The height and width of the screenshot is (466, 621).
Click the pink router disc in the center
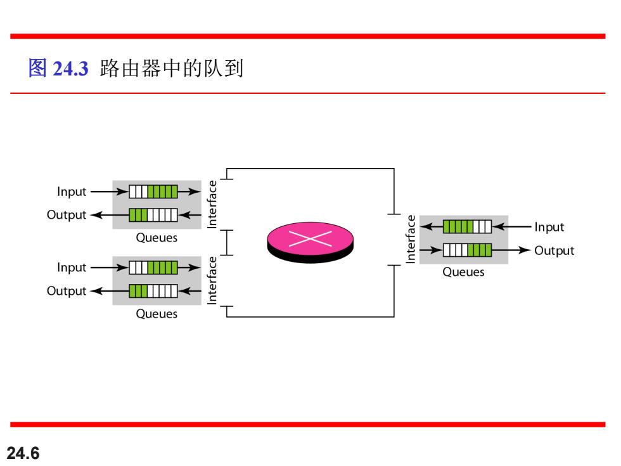(310, 242)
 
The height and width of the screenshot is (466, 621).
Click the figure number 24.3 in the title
(70, 68)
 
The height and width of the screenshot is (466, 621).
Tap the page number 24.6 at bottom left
(23, 453)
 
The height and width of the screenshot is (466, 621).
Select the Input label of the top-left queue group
(72, 191)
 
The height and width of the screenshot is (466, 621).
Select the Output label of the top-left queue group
(67, 215)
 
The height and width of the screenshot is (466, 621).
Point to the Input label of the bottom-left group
(72, 268)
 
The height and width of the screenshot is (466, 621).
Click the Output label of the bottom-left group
(67, 291)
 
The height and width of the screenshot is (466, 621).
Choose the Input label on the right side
(549, 227)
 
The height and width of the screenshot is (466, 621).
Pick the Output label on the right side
(554, 250)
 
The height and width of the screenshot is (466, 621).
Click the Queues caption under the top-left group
(157, 238)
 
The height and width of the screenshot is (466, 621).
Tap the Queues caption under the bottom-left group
(157, 314)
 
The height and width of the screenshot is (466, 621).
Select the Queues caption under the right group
(463, 272)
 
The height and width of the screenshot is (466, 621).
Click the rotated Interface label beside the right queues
(411, 239)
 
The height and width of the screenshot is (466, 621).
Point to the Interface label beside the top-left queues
(212, 204)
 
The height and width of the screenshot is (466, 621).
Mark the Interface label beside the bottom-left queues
(212, 280)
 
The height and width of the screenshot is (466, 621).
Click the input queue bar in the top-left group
(153, 191)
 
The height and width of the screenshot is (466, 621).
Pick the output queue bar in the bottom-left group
(153, 291)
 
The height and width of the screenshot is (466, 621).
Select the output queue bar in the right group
(468, 250)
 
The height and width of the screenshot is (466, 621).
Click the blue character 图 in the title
(37, 68)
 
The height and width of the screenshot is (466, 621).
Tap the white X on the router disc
(310, 238)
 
